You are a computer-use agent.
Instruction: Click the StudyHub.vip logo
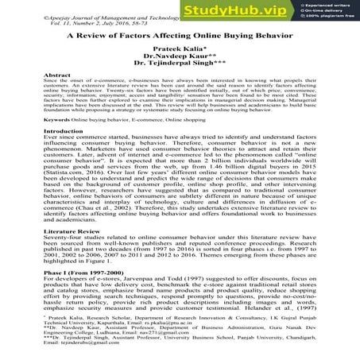pyautogui.click(x=246, y=14)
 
